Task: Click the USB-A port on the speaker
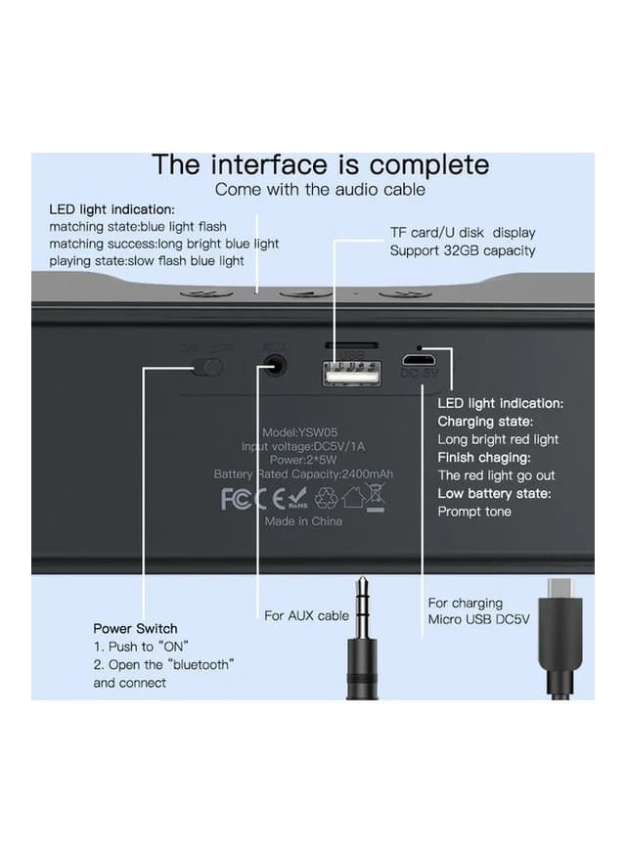pos(351,372)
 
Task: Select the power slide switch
pos(207,368)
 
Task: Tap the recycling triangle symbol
pos(326,498)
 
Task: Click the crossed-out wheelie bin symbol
pos(374,495)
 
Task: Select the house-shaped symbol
pos(351,498)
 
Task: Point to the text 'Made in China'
pos(304,521)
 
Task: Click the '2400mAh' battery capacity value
pos(367,474)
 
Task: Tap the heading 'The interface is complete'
pos(320,164)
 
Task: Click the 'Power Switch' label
pos(135,628)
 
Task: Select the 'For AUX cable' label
pos(306,615)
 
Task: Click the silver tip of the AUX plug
pos(362,591)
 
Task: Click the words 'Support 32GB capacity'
pos(463,250)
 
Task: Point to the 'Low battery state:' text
pos(494,493)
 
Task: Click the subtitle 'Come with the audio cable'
pos(320,189)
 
